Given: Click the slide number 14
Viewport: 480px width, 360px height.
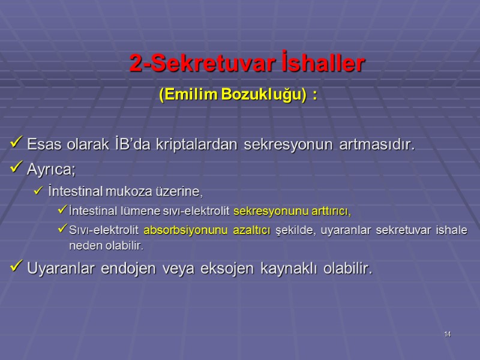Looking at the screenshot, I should tap(448, 334).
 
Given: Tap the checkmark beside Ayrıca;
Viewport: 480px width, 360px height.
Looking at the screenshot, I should tap(17, 169).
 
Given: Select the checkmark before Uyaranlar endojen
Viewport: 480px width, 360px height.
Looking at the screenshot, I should tap(17, 269).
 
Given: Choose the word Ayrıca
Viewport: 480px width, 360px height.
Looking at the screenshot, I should tap(50, 170).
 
